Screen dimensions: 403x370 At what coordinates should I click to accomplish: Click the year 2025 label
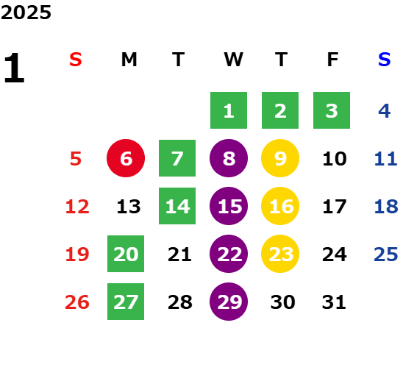pos(26,13)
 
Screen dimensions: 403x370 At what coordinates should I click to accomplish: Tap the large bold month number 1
pos(15,68)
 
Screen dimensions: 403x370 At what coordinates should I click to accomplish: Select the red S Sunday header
pos(76,60)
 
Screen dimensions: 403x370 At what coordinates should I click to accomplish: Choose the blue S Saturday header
pos(385,60)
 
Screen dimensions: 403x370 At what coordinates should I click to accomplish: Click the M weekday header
pos(129,60)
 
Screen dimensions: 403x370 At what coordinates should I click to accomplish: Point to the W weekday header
pos(233,60)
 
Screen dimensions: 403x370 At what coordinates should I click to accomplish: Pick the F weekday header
pos(333,60)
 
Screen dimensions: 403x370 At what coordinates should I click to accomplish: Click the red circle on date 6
pos(126,158)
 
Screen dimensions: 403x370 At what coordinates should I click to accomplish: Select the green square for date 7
pos(177,158)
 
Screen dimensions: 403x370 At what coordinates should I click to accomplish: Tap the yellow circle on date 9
pos(280,158)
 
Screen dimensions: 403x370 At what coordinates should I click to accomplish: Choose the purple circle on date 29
pos(229,302)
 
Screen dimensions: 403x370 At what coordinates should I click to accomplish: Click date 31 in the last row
pos(334,302)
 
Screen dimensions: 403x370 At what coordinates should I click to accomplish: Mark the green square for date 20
pos(126,254)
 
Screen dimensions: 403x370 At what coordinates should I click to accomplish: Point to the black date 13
pos(129,207)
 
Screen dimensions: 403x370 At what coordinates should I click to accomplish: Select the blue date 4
pos(385,111)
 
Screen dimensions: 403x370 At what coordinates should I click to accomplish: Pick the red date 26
pos(77,302)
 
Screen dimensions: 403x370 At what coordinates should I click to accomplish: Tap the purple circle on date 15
pos(229,206)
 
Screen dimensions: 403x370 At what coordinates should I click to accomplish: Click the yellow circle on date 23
pos(280,254)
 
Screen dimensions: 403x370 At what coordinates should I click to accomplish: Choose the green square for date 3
pos(332,110)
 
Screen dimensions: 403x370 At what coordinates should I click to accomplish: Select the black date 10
pos(335,159)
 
